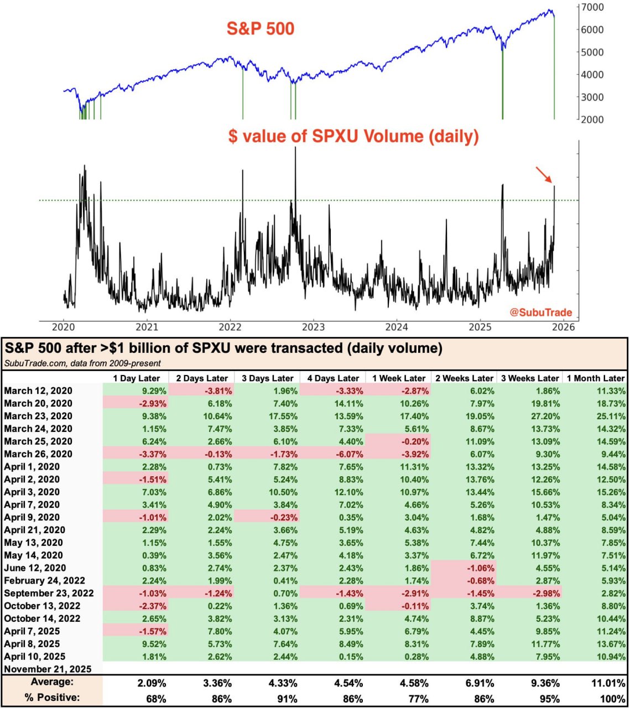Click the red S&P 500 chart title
261,28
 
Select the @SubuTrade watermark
540,313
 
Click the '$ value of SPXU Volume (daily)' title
353,136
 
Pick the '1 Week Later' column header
398,378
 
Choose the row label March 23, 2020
38,416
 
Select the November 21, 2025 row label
48,669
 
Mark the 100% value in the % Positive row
613,698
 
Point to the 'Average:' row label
52,682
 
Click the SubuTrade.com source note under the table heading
83,363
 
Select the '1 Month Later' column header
595,378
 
